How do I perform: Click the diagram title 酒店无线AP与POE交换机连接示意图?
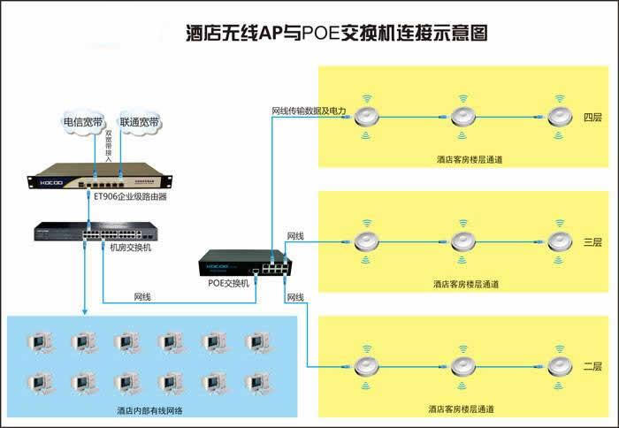pyautogui.click(x=336, y=34)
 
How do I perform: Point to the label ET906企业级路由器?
pyautogui.click(x=130, y=197)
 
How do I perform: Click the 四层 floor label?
pyautogui.click(x=592, y=117)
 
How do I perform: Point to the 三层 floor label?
pyautogui.click(x=592, y=241)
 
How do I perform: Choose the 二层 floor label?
pyautogui.click(x=592, y=365)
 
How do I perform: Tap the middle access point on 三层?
pyautogui.click(x=463, y=241)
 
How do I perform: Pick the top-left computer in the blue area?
pyautogui.click(x=39, y=343)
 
